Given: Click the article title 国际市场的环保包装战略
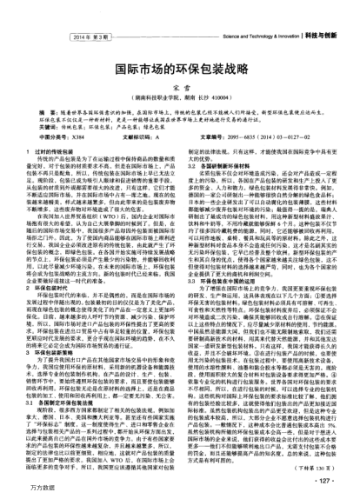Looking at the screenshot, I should pyautogui.click(x=180, y=66).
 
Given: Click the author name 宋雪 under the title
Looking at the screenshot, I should pyautogui.click(x=180, y=85).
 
